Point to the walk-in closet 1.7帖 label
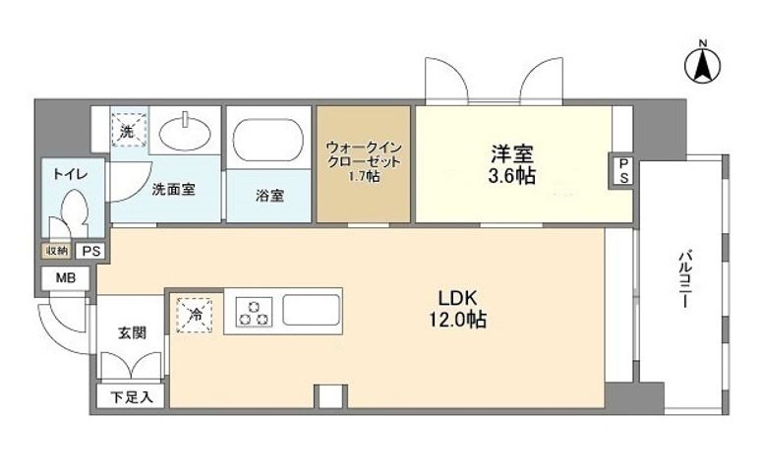click(364, 161)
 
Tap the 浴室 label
click(269, 195)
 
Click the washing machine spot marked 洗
click(127, 130)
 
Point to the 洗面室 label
click(172, 190)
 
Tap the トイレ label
click(70, 174)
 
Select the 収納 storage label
click(56, 251)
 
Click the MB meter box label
click(65, 278)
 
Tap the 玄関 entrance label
click(133, 332)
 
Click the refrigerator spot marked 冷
click(195, 315)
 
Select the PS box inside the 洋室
click(623, 170)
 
